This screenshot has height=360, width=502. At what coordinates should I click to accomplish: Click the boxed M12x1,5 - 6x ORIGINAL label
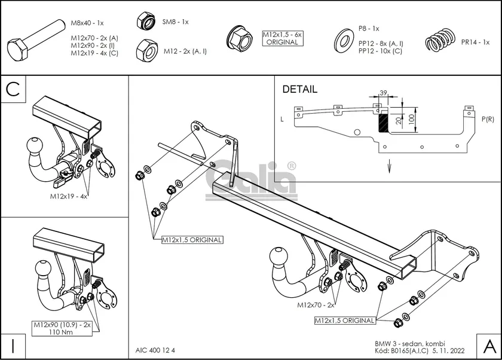[x=283, y=39]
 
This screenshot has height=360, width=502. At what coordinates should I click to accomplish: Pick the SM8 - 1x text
[x=176, y=22]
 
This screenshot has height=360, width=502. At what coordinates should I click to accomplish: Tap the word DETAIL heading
[x=299, y=90]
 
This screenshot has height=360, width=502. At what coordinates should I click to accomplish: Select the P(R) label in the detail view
[x=487, y=120]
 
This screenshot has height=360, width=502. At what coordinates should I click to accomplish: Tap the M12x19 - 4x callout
[x=69, y=197]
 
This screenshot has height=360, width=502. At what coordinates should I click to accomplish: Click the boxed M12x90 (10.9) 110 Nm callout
[x=58, y=328]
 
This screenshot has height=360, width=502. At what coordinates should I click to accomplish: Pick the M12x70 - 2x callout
[x=317, y=305]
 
